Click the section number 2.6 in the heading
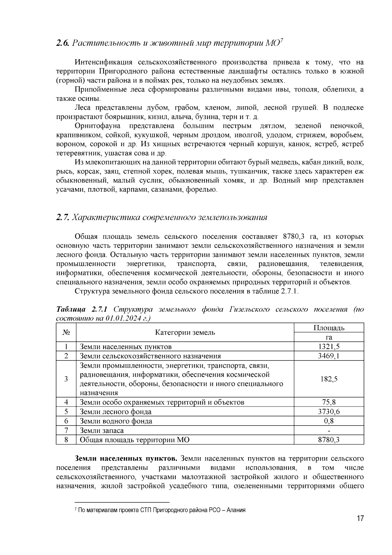[62, 43]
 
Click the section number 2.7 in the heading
[62, 217]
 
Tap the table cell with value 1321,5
[329, 347]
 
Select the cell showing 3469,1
[329, 356]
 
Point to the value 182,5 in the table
[329, 379]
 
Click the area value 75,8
[329, 402]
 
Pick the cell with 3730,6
[329, 412]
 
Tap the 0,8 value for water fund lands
[329, 421]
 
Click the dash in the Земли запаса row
[329, 431]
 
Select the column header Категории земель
[185, 333]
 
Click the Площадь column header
[329, 328]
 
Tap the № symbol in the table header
[66, 333]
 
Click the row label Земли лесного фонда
[116, 412]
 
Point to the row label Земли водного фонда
[116, 421]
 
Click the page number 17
[360, 518]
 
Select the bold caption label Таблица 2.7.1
[84, 309]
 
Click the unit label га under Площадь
[329, 337]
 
